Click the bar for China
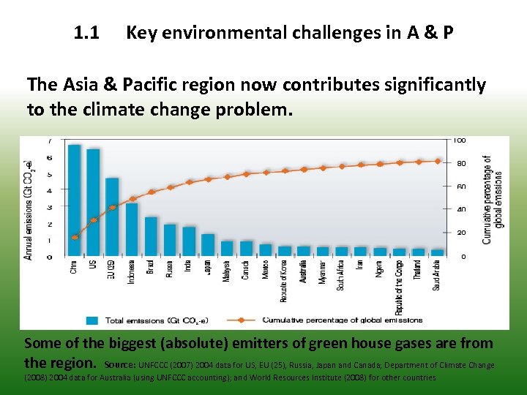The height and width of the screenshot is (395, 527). (74, 200)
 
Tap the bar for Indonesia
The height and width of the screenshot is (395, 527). (132, 230)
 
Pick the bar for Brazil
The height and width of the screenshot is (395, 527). (151, 236)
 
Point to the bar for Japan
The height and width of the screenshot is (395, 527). (208, 245)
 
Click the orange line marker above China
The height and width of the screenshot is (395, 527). (75, 237)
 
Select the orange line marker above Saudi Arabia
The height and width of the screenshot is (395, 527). (438, 161)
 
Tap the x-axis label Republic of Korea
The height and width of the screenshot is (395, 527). (284, 281)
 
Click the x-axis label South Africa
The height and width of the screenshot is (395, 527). (341, 276)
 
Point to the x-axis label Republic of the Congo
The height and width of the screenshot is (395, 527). (399, 287)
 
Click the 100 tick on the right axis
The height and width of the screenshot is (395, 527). (460, 140)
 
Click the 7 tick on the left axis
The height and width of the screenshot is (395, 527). (49, 141)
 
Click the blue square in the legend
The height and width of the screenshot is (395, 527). (92, 320)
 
